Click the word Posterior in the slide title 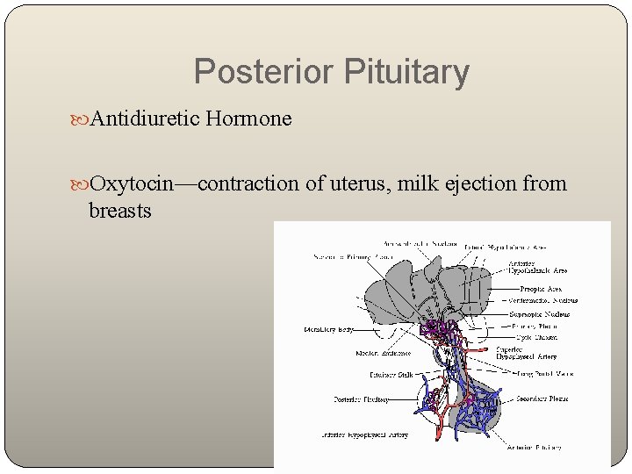(x=256, y=72)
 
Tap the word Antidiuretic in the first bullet (x=145, y=118)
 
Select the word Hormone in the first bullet (x=248, y=118)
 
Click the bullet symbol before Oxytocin (x=83, y=184)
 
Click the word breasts (x=120, y=211)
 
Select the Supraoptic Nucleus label (x=540, y=314)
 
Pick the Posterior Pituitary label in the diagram (x=361, y=399)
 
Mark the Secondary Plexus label (x=542, y=399)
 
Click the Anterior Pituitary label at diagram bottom (x=535, y=448)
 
